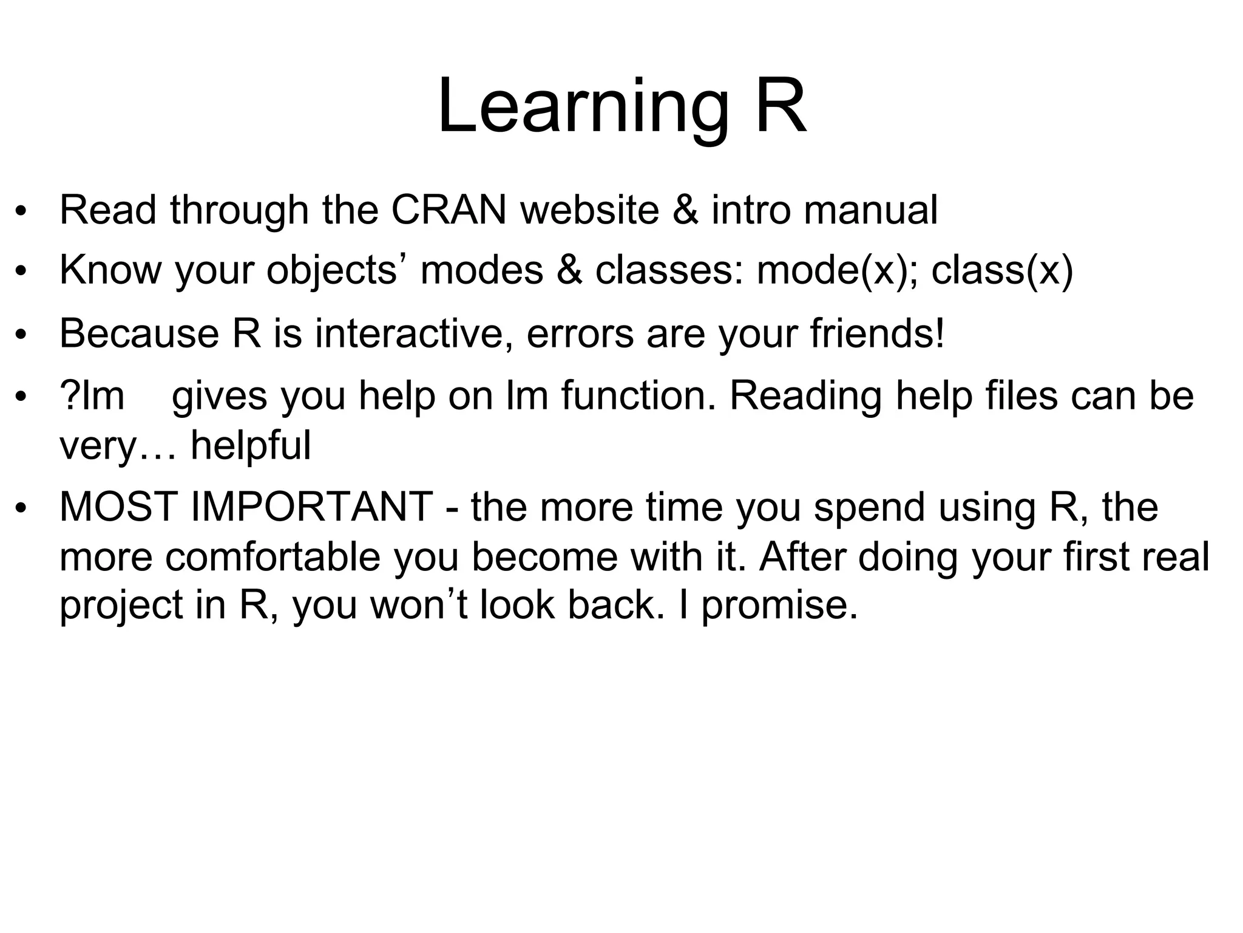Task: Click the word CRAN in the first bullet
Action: pos(449,210)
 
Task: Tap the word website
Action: pos(590,210)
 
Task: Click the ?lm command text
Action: pos(92,396)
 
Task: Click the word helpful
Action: pos(251,445)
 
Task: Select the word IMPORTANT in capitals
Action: pos(312,507)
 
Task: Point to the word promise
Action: pos(779,606)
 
